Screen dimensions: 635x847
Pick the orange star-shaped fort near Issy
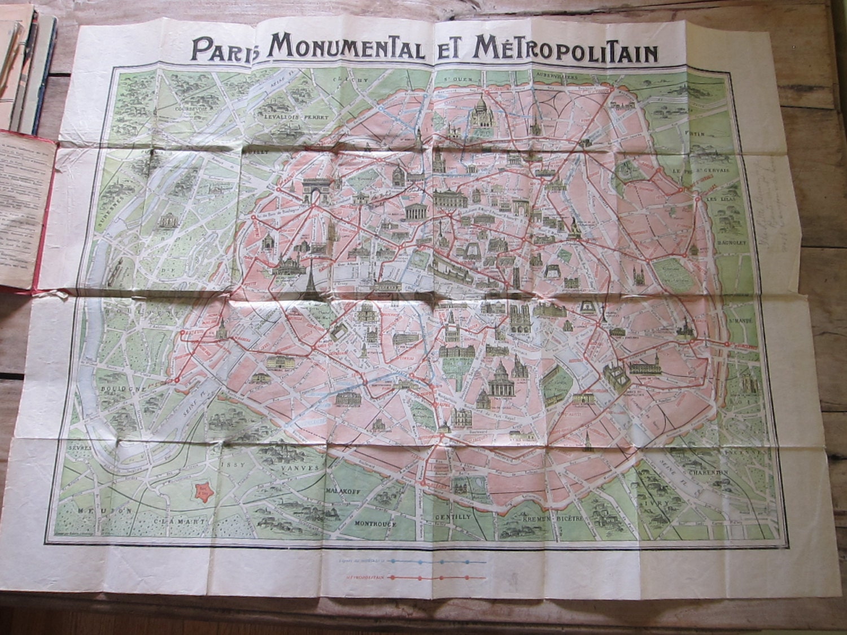tap(203, 491)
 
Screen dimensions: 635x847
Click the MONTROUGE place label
tap(375, 523)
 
